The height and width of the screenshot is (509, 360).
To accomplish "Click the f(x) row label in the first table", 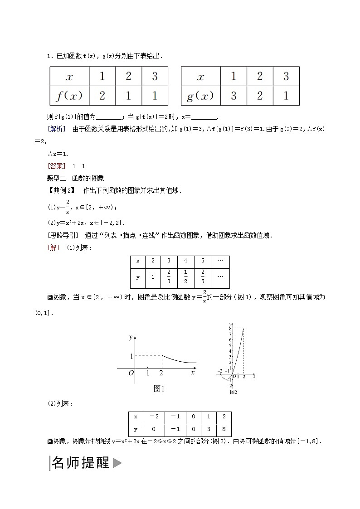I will point(69,96).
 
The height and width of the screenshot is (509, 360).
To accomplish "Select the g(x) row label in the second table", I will point(200,96).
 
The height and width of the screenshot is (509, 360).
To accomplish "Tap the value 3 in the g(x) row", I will point(234,96).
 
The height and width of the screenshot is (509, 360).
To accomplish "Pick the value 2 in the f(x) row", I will point(102,96).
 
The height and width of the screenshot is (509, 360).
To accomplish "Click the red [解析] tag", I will point(57,129).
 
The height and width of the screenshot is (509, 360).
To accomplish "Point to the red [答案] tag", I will point(57,166).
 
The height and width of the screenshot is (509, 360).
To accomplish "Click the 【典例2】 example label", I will point(60,190).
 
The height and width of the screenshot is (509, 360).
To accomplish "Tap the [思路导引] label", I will point(63,235).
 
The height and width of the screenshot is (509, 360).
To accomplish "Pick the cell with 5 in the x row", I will point(203,261).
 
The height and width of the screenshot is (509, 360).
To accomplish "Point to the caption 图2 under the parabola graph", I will point(234,392).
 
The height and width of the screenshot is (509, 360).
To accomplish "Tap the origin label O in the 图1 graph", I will point(130,373).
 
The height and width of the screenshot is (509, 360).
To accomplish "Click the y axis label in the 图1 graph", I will point(130,337).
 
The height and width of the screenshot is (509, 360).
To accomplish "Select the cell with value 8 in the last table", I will point(223,430).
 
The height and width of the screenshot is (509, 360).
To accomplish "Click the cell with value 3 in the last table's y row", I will point(206,430).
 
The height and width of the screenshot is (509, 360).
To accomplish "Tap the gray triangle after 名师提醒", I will point(117,463).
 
